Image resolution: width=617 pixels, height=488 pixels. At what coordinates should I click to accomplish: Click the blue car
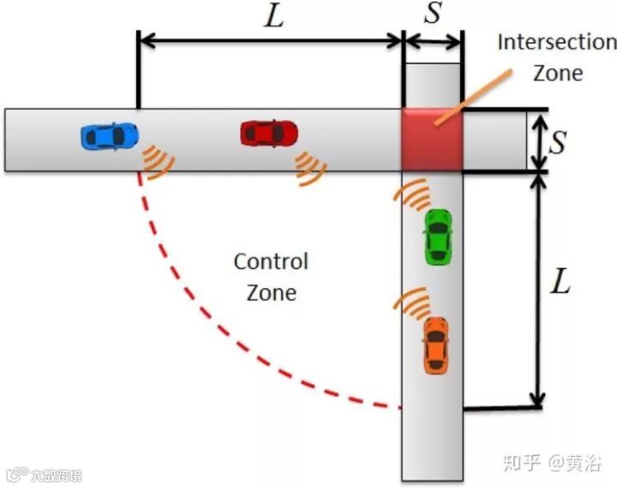point(110,136)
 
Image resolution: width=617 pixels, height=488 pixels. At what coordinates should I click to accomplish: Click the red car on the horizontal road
point(269,133)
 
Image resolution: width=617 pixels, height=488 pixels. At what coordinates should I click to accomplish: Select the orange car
point(435,345)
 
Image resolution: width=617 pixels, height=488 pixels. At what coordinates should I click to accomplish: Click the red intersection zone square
point(432,140)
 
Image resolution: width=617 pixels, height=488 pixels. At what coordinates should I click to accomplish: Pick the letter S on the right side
point(558,142)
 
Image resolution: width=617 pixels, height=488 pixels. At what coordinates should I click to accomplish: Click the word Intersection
point(556,42)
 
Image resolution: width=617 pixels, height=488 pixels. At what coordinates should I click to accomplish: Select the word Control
point(271,261)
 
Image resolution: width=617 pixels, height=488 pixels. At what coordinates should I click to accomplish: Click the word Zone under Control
point(271,292)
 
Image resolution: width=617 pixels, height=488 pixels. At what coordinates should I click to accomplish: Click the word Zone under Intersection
point(557,72)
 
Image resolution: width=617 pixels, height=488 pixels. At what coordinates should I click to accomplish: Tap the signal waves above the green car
point(413,196)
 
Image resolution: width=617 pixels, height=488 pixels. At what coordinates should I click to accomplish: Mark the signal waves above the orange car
point(411,302)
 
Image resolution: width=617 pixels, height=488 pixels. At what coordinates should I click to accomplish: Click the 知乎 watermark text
point(521,462)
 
